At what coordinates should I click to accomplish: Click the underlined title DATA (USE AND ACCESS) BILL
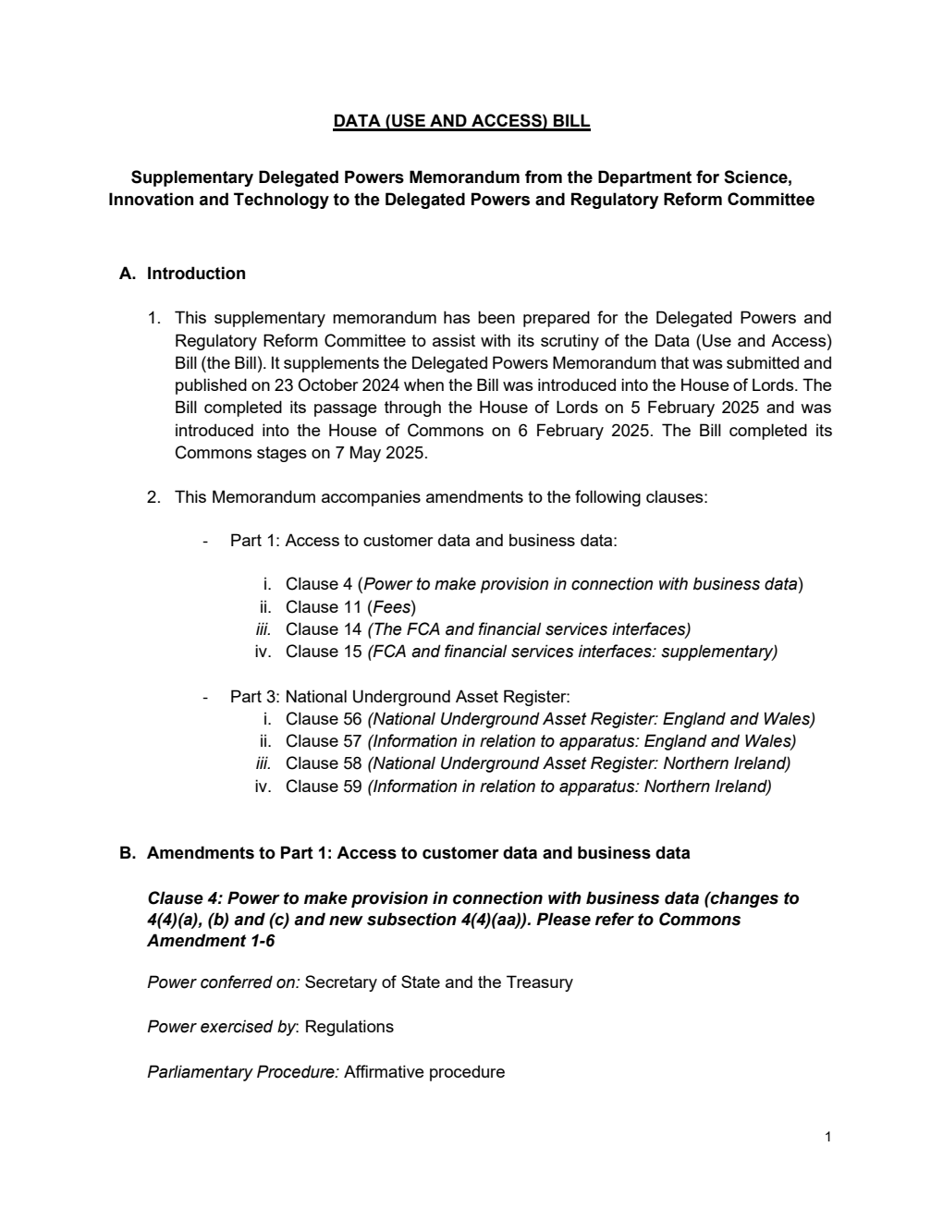(461, 121)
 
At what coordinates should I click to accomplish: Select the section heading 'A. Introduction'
(182, 274)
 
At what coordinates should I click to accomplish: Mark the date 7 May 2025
(382, 453)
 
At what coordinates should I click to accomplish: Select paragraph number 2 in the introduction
(153, 497)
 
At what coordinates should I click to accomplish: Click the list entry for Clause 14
(487, 629)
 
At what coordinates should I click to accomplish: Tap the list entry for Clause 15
(531, 652)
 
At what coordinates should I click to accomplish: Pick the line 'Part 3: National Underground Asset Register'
(399, 697)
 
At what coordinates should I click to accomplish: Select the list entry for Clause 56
(549, 719)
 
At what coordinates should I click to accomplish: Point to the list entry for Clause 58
(537, 763)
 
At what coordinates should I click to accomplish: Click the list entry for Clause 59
(528, 787)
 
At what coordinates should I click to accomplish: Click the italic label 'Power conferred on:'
(223, 982)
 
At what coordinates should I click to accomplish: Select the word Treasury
(539, 982)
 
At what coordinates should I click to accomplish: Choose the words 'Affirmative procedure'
(424, 1072)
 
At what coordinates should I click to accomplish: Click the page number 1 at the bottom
(827, 1137)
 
